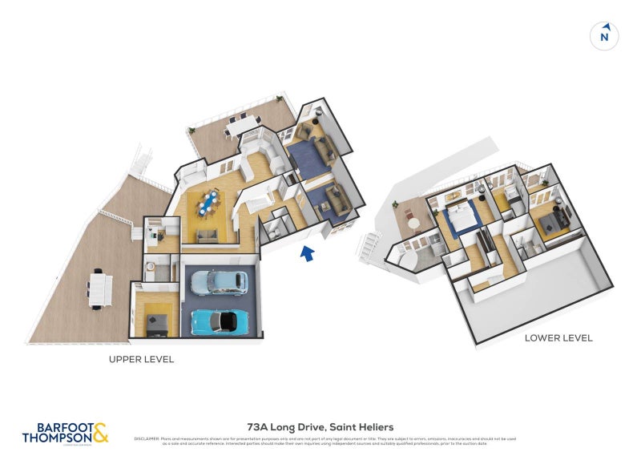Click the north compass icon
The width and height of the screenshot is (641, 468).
point(605,36)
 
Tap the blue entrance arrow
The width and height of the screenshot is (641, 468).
point(307,254)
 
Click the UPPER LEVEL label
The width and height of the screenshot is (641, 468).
point(141,360)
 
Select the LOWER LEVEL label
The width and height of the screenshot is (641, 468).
point(558,338)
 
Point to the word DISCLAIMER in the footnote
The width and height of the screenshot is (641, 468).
point(147,439)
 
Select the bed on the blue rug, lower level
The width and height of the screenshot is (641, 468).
point(458,216)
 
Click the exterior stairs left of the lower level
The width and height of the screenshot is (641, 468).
point(372,244)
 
